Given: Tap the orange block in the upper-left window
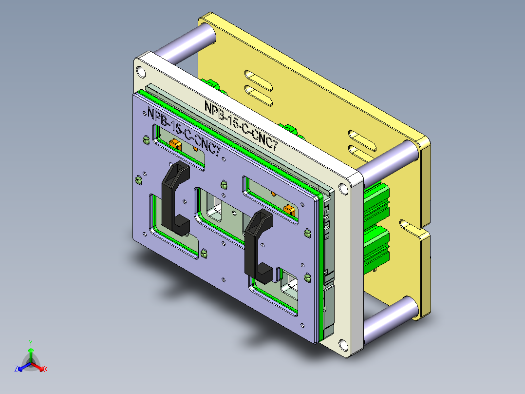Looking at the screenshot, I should pyautogui.click(x=174, y=144).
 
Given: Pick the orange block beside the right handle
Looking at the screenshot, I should pyautogui.click(x=289, y=209).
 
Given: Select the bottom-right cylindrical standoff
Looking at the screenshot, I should pyautogui.click(x=390, y=320).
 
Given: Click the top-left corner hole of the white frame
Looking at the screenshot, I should pyautogui.click(x=141, y=72).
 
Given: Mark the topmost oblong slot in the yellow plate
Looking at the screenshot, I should pyautogui.click(x=259, y=78).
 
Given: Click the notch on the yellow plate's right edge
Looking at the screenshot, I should pyautogui.click(x=409, y=226).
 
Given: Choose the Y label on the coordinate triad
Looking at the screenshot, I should pyautogui.click(x=30, y=343).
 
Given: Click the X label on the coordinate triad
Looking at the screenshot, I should pyautogui.click(x=45, y=370).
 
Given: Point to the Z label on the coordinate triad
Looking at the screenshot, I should pyautogui.click(x=16, y=370).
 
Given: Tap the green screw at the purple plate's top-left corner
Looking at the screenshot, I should pyautogui.click(x=145, y=140).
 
